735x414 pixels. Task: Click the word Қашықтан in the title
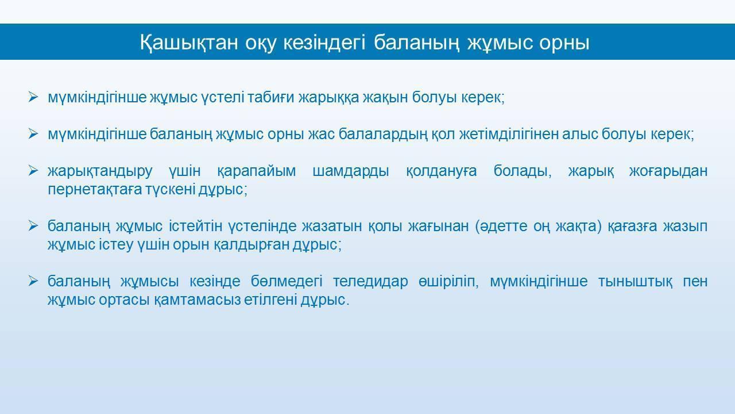(189, 43)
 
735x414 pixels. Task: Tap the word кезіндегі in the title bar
(324, 43)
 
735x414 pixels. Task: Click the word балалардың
(383, 135)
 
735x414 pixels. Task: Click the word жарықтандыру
(100, 171)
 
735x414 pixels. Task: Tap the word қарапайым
(256, 171)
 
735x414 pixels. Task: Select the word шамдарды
(351, 171)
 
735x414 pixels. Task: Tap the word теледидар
(370, 282)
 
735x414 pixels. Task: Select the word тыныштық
(635, 282)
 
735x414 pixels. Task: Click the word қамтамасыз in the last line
(197, 300)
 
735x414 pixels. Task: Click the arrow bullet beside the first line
(33, 97)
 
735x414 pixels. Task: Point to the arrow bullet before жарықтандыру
(33, 171)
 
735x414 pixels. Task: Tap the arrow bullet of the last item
(33, 281)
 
